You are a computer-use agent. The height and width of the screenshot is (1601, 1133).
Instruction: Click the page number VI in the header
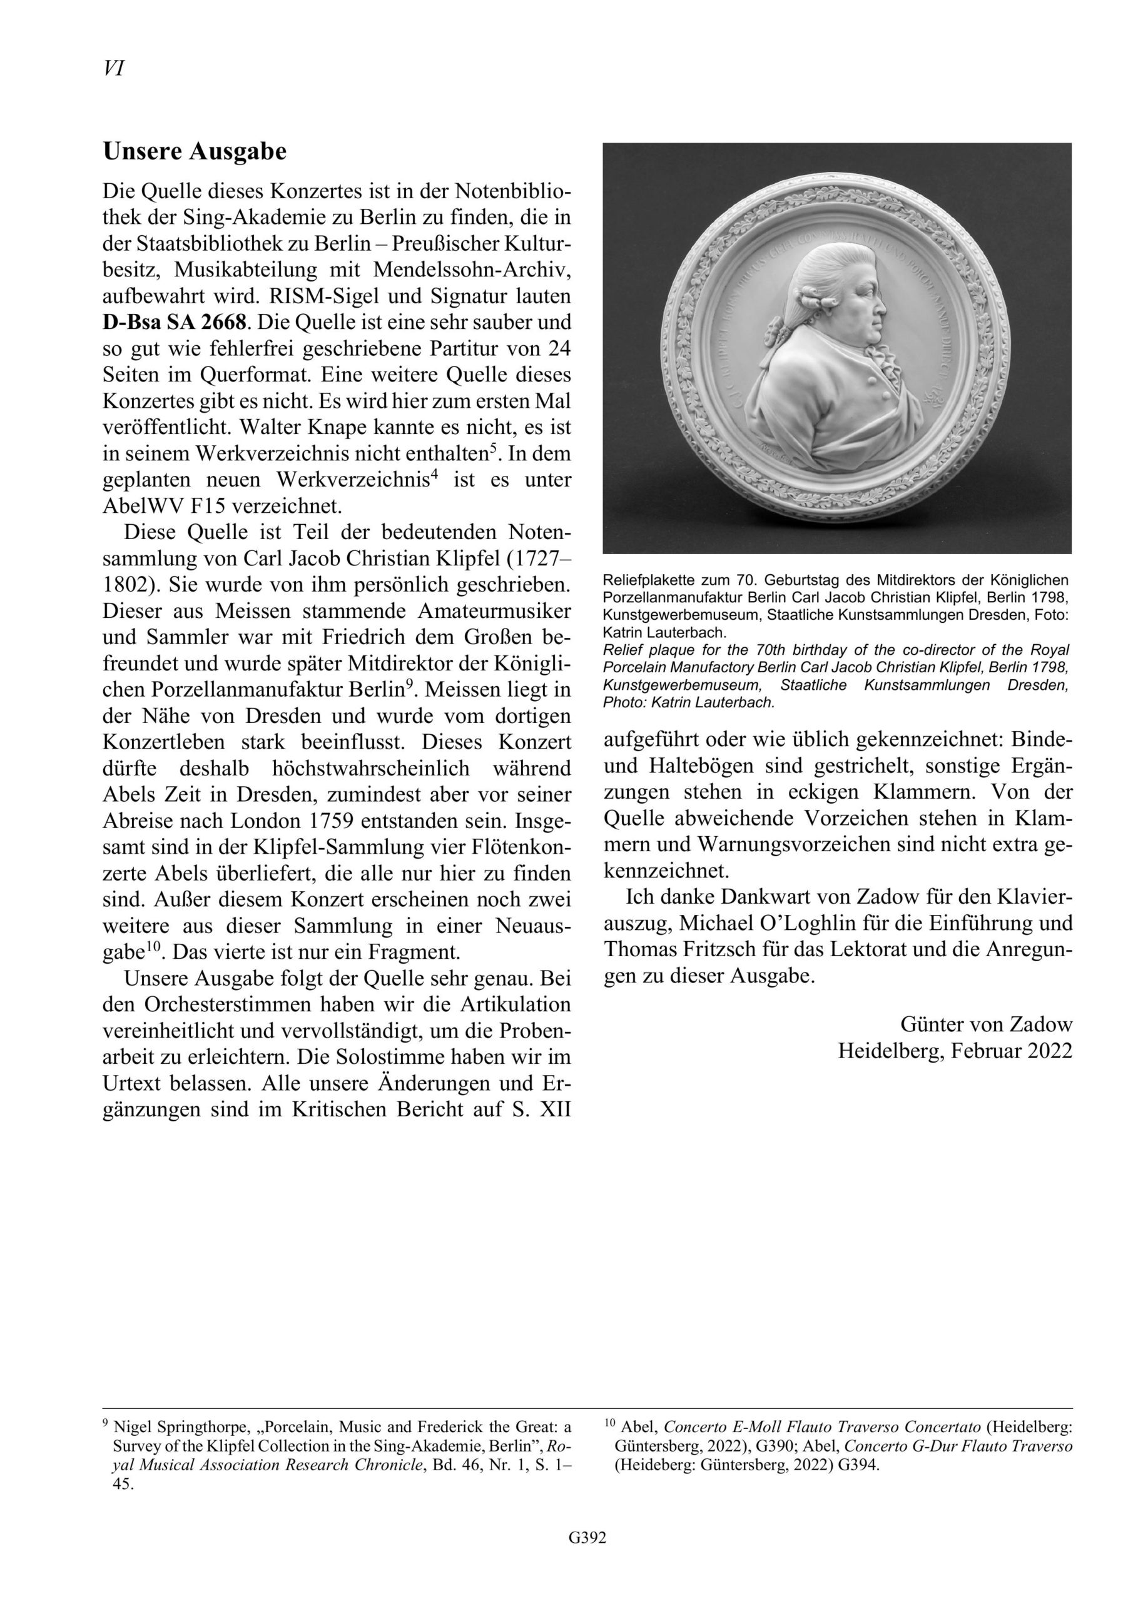[x=113, y=68]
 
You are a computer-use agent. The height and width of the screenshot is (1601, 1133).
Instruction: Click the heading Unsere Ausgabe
[x=195, y=152]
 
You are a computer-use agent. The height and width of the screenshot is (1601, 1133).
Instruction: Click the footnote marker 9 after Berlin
[x=410, y=684]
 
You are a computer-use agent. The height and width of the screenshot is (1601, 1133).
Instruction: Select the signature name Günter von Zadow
[x=986, y=1024]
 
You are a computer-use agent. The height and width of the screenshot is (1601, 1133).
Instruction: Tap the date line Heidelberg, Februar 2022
[x=955, y=1051]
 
